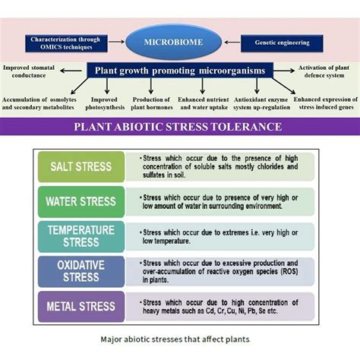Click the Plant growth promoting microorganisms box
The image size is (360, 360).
pos(179,71)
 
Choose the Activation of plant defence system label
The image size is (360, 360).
pos(326,72)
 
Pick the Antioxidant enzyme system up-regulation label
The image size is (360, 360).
pos(262,103)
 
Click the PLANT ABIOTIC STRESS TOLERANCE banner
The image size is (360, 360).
pos(179,127)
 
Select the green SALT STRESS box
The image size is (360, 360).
pos(81,166)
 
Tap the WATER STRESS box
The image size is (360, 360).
pos(81,202)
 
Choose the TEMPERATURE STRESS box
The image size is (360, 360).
pos(81,235)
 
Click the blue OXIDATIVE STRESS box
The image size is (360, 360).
pos(81,271)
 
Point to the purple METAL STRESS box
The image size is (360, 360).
pos(81,307)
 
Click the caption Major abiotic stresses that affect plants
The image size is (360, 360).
pos(179,339)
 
